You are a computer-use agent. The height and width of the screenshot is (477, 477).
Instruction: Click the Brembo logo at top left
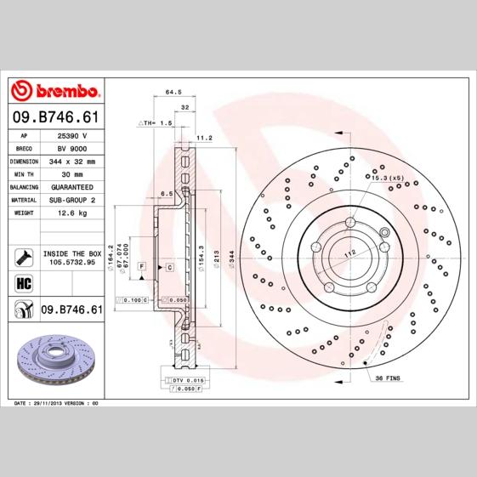click(x=55, y=90)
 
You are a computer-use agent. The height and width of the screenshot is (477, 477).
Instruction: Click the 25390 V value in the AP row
click(x=71, y=135)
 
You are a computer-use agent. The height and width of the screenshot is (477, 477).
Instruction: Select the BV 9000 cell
click(x=71, y=148)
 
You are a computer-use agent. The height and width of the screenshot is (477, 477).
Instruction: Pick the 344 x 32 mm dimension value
click(x=71, y=161)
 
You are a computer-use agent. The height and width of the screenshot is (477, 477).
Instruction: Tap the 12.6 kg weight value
click(x=71, y=213)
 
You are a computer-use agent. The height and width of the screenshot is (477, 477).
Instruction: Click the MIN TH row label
click(x=24, y=173)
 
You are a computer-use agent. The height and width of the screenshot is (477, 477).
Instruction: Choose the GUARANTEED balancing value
click(x=71, y=186)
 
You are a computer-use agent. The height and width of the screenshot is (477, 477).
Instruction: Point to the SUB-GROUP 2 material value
click(x=71, y=199)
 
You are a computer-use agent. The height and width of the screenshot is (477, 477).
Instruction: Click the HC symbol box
click(x=24, y=283)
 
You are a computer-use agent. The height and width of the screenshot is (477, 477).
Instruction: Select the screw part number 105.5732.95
click(x=72, y=262)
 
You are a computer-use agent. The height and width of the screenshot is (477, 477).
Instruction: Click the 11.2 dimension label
click(x=204, y=137)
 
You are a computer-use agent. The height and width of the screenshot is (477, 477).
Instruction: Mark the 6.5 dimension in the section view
click(x=167, y=194)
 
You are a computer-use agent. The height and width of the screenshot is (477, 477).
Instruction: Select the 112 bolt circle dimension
click(x=348, y=253)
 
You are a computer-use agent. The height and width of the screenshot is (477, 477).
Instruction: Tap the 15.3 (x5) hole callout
click(x=385, y=177)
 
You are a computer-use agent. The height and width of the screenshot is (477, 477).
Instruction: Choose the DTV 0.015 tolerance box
click(x=185, y=379)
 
